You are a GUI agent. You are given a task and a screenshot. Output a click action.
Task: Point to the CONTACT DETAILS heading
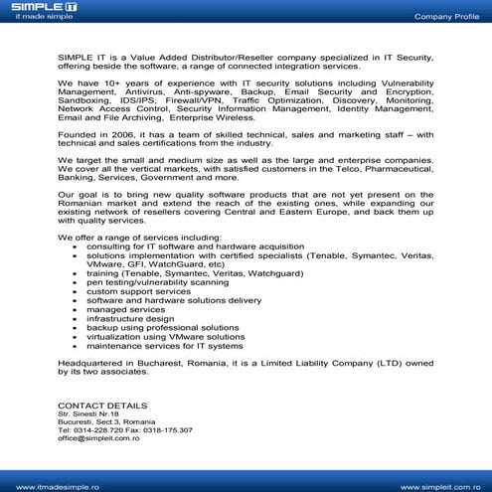coord(102,407)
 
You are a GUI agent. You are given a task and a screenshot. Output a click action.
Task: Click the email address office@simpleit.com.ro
coord(98,437)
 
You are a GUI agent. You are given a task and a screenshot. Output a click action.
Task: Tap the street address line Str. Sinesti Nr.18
coord(88,414)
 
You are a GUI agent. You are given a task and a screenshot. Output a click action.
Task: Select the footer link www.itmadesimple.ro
coord(51,486)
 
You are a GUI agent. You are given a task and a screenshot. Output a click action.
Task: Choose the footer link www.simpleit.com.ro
coord(442,486)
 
